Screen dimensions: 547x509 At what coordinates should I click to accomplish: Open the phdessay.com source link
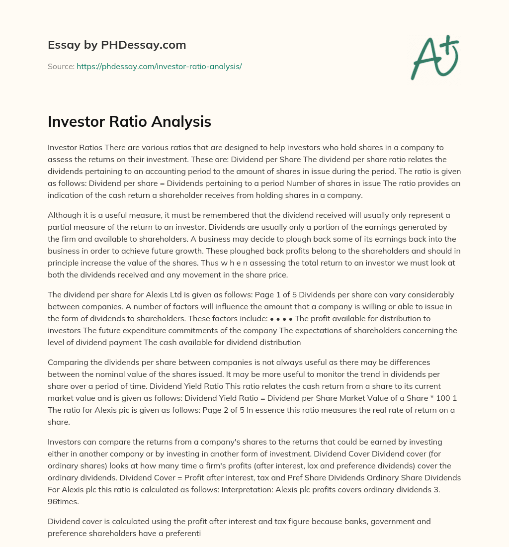point(159,66)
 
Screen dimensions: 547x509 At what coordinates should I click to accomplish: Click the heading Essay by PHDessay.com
point(117,45)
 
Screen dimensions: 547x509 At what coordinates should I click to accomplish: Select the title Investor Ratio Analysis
point(129,122)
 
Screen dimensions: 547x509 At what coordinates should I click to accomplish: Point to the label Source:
point(61,66)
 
